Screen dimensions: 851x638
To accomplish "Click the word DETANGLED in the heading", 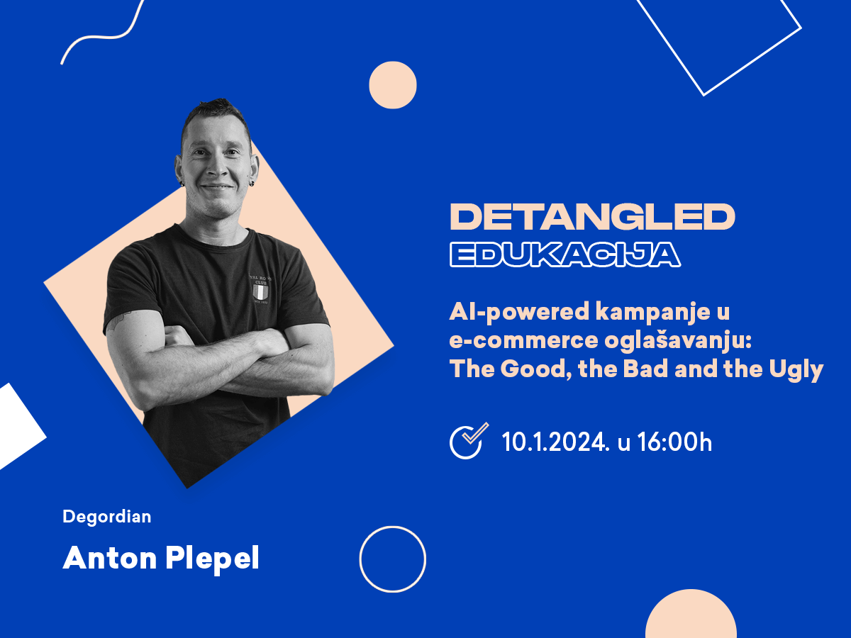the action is pos(592,216).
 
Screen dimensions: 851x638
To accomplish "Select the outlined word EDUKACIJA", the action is pos(565,254).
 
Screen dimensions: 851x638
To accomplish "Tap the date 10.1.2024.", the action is pos(555,442).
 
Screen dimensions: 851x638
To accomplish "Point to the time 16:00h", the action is pos(674,442).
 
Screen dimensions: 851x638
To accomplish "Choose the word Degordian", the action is pos(107,517).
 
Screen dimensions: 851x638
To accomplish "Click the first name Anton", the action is pos(110,558).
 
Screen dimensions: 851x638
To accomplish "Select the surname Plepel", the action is pos(212,559).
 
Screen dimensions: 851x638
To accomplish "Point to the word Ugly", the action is pos(796,369).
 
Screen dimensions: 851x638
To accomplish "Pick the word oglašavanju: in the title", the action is pos(678,340).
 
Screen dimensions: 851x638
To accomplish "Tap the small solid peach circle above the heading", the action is pos(393,85).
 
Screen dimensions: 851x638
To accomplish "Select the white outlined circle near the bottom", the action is pos(393,526).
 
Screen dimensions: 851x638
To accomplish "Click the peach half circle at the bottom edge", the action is pos(691,615).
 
